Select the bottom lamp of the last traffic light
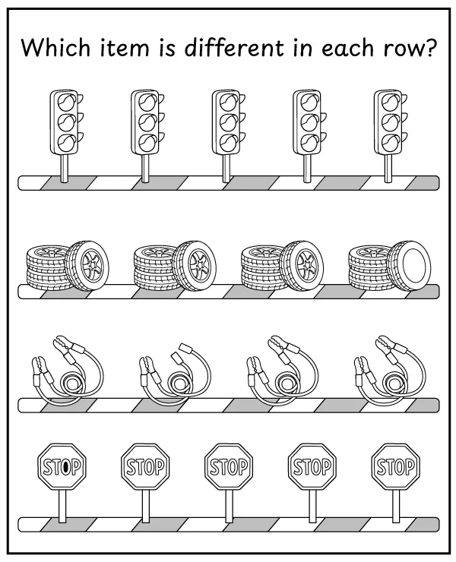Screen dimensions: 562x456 389,141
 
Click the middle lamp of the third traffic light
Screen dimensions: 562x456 226,122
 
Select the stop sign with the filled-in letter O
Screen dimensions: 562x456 62,466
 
